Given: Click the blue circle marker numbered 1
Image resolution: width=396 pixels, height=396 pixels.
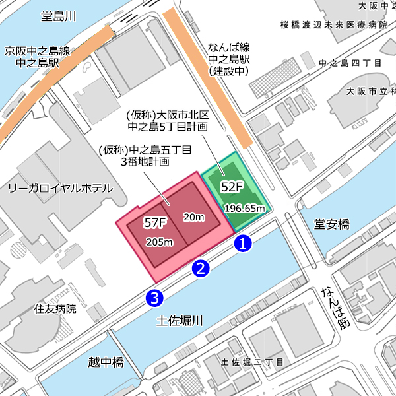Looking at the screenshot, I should pyautogui.click(x=243, y=243).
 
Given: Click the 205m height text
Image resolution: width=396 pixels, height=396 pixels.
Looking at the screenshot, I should pyautogui.click(x=159, y=242).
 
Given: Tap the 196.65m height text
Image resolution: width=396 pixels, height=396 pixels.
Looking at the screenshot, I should pyautogui.click(x=245, y=209).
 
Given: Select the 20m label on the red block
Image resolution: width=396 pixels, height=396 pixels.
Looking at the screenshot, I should pyautogui.click(x=193, y=217).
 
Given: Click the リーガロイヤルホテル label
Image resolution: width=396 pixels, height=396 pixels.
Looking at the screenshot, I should pyautogui.click(x=60, y=189).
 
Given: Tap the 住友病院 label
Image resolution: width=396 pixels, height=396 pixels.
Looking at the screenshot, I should pyautogui.click(x=55, y=308).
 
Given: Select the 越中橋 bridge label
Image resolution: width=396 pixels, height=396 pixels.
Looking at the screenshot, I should pyautogui.click(x=106, y=362).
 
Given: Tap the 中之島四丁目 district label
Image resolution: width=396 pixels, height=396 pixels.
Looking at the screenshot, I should pyautogui.click(x=350, y=63).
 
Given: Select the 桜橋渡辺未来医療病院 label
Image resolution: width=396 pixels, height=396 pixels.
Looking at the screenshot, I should pyautogui.click(x=333, y=24).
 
